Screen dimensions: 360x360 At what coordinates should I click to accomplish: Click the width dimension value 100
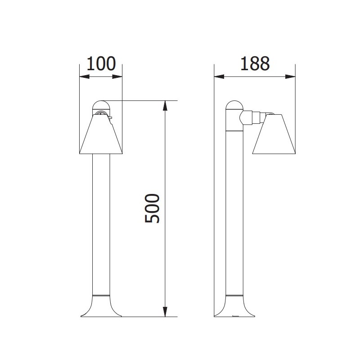[x=101, y=64]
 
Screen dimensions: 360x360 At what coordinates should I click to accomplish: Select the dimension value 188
[x=254, y=64]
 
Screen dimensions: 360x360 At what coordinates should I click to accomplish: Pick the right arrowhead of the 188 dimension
[x=292, y=76]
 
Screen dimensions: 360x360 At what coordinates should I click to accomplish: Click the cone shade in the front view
[x=100, y=135]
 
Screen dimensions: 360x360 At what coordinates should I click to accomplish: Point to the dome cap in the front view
[x=100, y=106]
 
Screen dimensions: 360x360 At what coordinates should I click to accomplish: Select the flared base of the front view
[x=100, y=308]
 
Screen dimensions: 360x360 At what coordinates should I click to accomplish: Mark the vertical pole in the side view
[x=234, y=216]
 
